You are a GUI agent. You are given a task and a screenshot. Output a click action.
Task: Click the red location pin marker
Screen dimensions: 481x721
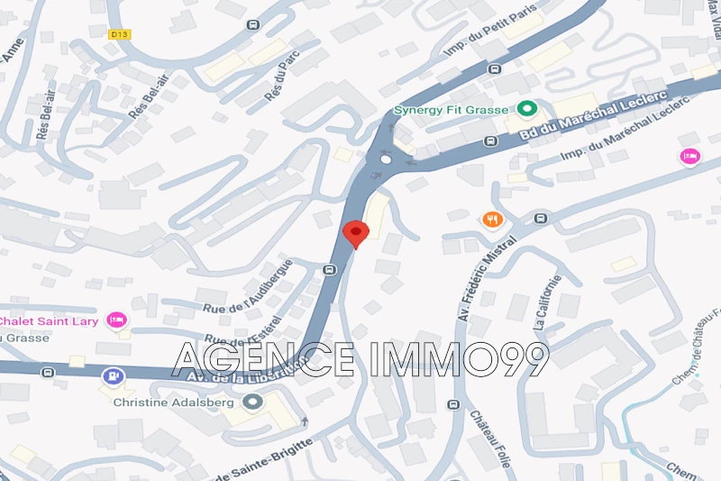[x=355, y=233]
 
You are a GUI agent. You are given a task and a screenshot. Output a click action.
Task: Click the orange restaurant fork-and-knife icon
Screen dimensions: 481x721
[x=492, y=219]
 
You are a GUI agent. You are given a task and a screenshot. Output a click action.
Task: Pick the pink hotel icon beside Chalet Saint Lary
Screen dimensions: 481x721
[x=115, y=319]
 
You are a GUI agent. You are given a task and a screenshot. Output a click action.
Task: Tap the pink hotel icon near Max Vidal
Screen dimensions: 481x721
[x=689, y=156]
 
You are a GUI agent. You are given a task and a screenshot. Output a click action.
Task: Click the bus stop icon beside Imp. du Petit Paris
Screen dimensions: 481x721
[x=494, y=69]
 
